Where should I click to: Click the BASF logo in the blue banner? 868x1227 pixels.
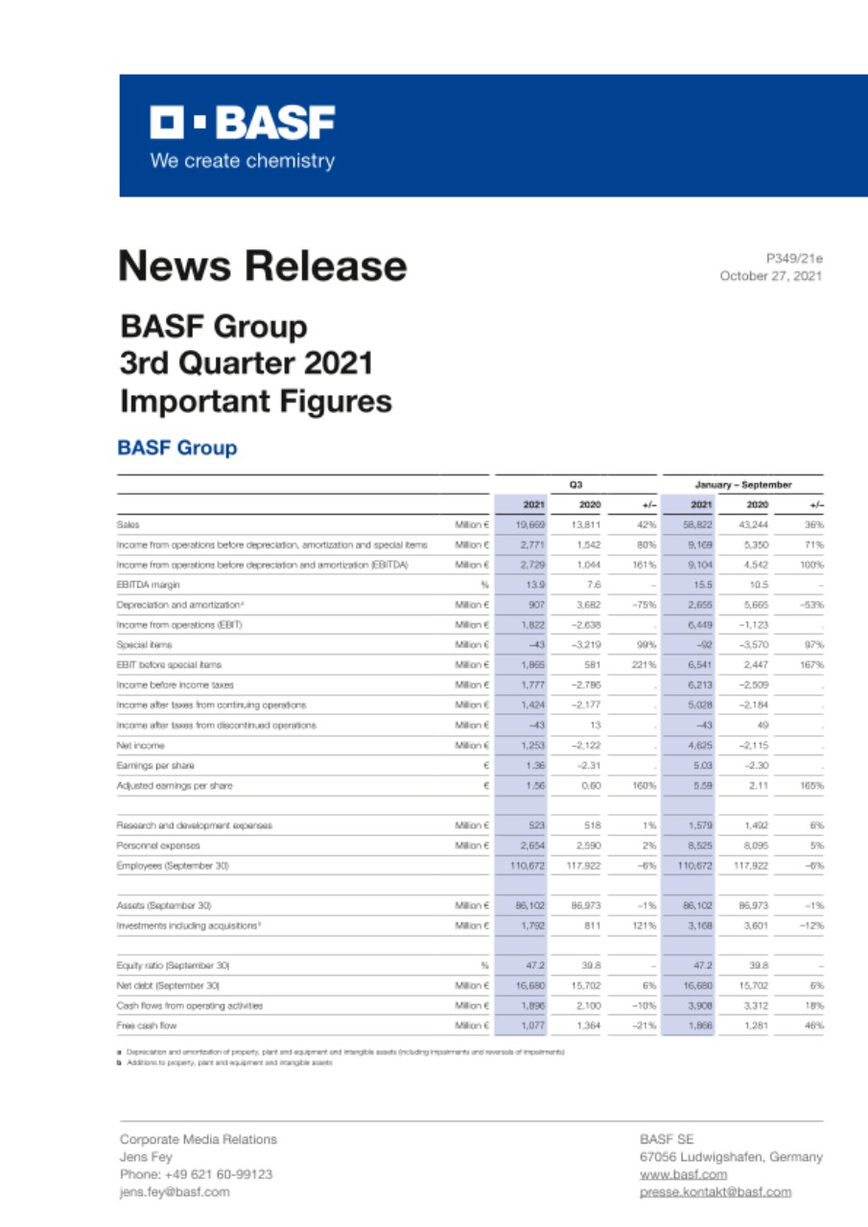[242, 124]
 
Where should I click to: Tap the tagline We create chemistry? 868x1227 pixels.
[242, 161]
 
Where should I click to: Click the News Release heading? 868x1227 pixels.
[262, 266]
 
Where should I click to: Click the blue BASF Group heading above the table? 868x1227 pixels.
[176, 448]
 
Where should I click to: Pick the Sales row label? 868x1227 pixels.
[129, 524]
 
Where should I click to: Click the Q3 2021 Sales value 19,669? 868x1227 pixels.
[530, 524]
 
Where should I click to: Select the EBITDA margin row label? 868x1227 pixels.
[149, 583]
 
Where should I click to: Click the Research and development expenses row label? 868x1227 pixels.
[195, 824]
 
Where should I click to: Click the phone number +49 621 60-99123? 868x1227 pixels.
[196, 1174]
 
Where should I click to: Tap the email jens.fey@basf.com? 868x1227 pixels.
[175, 1192]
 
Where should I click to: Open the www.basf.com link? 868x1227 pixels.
[683, 1174]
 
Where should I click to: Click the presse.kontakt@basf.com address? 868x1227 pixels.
[716, 1192]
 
